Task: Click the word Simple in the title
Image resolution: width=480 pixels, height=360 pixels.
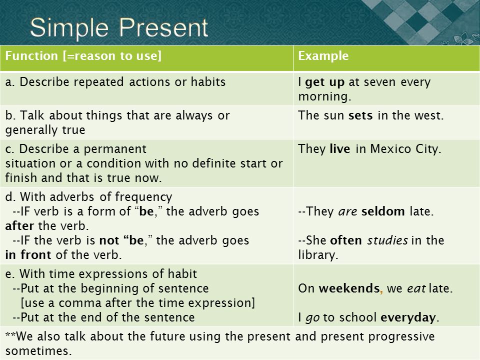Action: (x=69, y=28)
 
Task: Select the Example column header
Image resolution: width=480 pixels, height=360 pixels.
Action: (x=323, y=55)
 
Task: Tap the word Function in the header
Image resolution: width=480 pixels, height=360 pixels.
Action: (x=31, y=55)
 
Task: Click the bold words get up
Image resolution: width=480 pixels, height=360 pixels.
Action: (x=325, y=82)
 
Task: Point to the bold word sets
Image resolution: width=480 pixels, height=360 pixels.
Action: (x=360, y=115)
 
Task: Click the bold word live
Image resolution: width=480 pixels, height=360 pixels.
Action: (x=340, y=148)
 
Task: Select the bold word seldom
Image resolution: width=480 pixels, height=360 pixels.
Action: (x=383, y=211)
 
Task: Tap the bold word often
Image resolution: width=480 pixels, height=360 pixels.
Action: (x=346, y=240)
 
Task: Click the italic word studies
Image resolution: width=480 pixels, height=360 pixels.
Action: (x=387, y=240)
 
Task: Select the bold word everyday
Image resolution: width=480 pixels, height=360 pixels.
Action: (x=408, y=318)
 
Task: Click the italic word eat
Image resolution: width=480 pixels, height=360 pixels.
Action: (x=416, y=288)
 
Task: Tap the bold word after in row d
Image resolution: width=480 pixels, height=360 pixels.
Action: (x=19, y=225)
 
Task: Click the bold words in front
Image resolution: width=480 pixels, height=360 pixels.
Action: (x=28, y=254)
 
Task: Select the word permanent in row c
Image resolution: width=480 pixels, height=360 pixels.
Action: (x=115, y=149)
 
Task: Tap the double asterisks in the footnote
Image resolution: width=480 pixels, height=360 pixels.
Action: (x=10, y=334)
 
